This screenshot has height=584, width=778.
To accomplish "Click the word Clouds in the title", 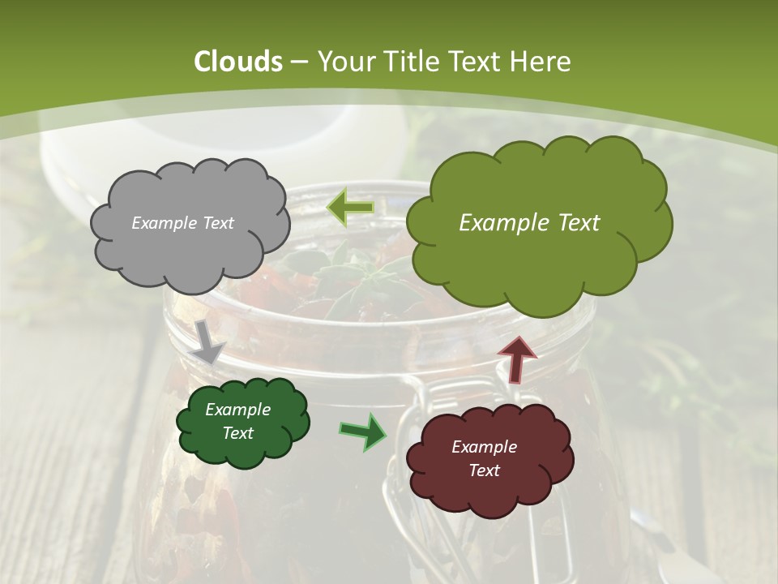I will coord(238,62).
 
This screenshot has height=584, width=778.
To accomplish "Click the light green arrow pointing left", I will coord(351,208).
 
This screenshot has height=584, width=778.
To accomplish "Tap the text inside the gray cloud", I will coord(182,223).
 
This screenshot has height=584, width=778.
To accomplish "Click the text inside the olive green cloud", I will coord(529,223).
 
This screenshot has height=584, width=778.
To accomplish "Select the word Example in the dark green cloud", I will coord(237,410).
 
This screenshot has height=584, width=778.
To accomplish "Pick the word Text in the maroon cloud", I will coord(484,470).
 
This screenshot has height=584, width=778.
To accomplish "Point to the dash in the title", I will coord(297,62).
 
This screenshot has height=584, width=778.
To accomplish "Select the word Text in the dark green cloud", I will coord(237,433).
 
